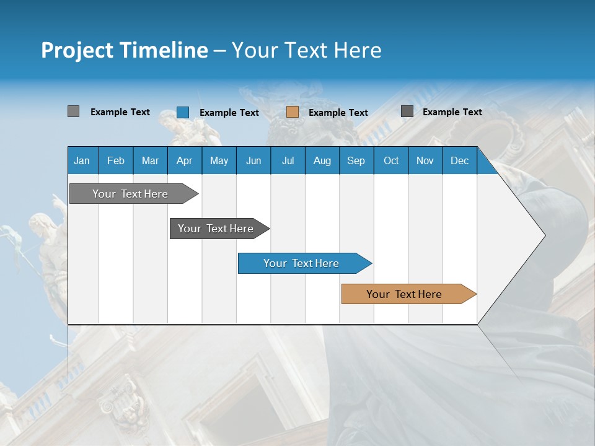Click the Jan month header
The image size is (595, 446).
pos(82,160)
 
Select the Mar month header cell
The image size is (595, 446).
pos(150,160)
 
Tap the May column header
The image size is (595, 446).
pos(219,160)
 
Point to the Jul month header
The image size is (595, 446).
pos(288,160)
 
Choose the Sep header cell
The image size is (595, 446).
pos(356,160)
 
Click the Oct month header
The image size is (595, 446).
pos(391,160)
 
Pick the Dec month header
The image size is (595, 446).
pos(459,160)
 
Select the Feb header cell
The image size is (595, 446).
pos(116,160)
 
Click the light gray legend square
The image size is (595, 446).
pos(74,111)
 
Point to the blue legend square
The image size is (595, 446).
pos(183,112)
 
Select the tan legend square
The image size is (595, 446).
pos(293,112)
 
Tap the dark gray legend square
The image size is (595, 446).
pos(407,111)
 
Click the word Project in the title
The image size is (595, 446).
pos(76,50)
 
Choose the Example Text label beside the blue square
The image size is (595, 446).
pos(229,113)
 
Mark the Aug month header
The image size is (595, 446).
pos(322,160)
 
